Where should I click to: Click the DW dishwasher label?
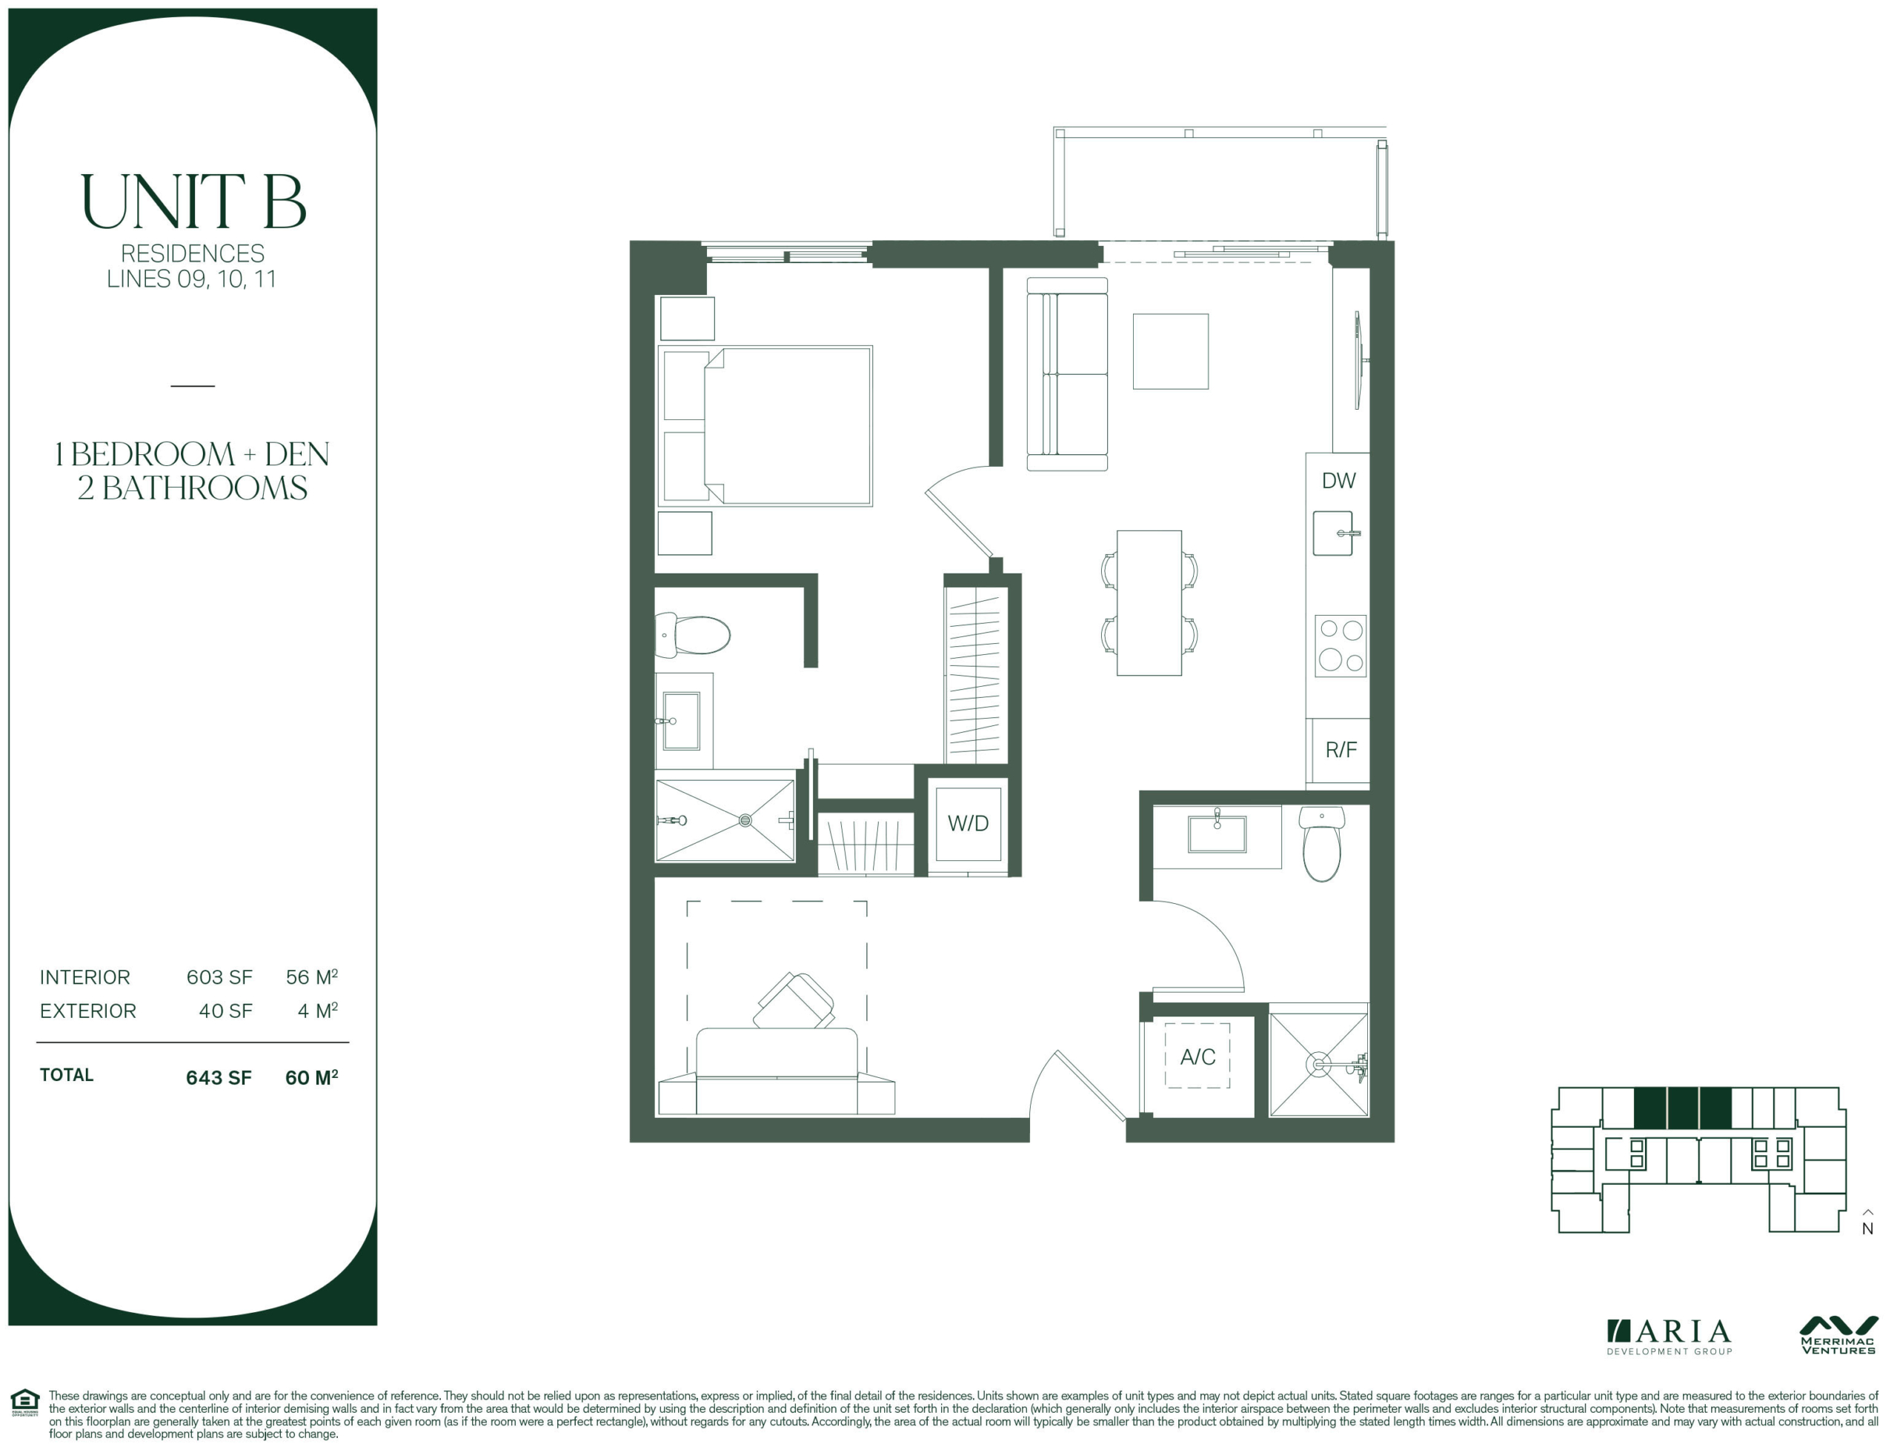1338,481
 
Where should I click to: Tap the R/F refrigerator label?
1341,750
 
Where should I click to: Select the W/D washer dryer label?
968,822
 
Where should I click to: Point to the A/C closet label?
1197,1057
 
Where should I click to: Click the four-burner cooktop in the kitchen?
1340,645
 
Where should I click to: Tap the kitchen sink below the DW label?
1333,533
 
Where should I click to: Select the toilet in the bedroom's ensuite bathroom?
692,635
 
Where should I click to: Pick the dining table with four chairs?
1149,602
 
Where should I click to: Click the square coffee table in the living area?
1171,351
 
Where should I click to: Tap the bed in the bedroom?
765,426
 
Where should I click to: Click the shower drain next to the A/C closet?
1318,1064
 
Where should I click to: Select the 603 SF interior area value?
219,977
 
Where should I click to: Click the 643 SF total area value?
219,1078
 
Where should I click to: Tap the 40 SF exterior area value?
225,1011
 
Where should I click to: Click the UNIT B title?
193,201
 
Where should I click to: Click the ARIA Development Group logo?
1670,1337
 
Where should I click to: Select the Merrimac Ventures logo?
1838,1336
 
